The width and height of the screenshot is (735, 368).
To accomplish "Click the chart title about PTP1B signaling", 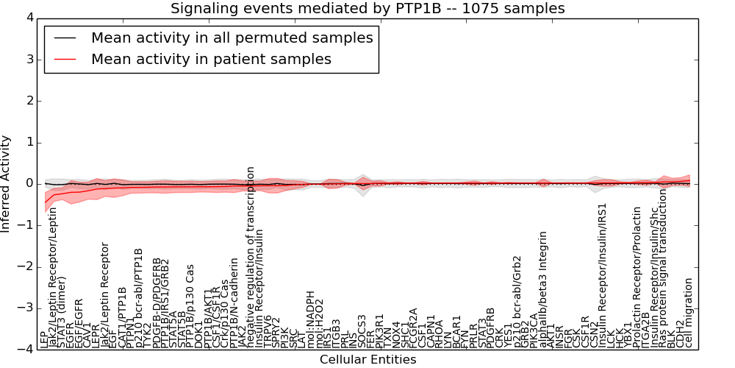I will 367,8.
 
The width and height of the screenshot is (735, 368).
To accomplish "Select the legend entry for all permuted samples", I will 232,38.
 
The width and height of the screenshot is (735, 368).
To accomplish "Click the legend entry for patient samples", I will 211,59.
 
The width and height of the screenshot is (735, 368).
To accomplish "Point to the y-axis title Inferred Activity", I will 7,183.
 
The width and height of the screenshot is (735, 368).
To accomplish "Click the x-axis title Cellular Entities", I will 367,360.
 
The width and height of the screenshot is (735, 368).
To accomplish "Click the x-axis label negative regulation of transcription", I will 251,257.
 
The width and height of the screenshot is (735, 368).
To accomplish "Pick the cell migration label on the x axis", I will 689,313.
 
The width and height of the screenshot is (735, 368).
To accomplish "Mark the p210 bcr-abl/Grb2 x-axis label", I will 517,302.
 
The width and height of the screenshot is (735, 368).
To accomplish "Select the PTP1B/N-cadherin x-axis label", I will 234,302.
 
